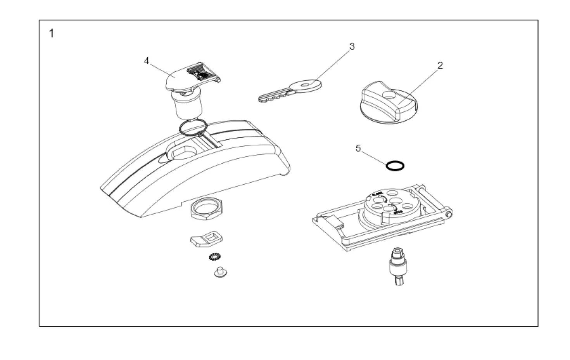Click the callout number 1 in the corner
coord(52,34)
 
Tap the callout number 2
coord(440,66)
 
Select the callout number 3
coord(352,47)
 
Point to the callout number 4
coord(146,61)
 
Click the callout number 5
coord(358,148)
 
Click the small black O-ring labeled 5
coord(395,166)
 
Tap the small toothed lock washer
coord(213,256)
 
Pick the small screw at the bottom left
coord(220,272)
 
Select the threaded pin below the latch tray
coord(397,267)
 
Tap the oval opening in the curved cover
coord(181,152)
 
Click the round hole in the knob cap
coord(388,94)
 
